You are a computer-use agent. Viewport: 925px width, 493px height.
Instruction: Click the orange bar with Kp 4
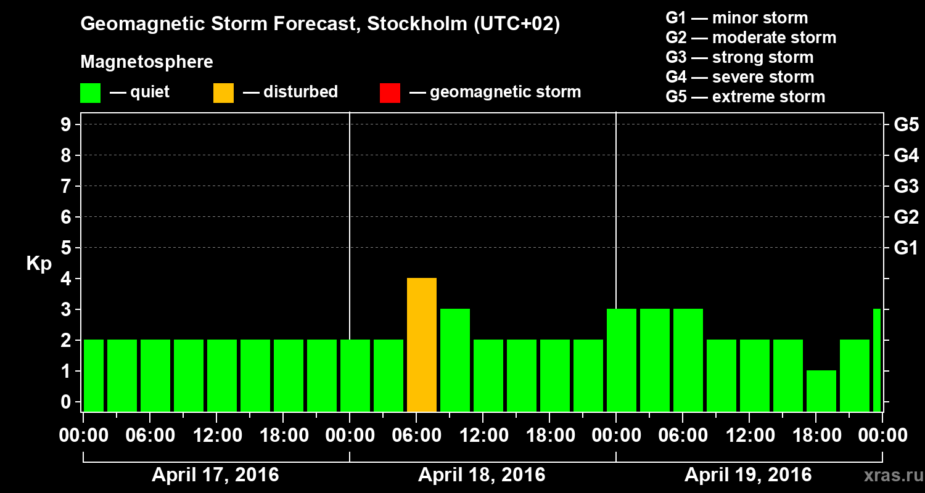pos(422,345)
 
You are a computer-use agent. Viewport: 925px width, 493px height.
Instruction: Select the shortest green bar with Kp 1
pos(821,391)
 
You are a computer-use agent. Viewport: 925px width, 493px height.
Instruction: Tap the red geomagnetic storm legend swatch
pos(390,93)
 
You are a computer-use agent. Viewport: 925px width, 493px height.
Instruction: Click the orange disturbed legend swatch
pos(223,93)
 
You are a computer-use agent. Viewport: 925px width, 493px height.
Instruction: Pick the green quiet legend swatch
pos(91,93)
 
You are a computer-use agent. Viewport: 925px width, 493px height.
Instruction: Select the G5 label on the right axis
pos(906,125)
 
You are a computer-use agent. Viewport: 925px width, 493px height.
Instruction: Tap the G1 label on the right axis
pos(906,248)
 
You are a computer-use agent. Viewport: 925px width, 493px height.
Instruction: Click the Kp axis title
pos(39,264)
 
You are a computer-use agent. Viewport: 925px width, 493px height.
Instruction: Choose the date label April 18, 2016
pos(482,475)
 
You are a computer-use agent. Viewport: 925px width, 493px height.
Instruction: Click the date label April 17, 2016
pos(215,475)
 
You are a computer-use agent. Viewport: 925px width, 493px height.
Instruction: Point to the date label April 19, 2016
pos(748,475)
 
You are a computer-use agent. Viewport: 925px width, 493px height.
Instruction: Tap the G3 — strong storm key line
pos(739,57)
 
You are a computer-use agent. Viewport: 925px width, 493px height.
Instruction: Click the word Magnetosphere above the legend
pos(147,62)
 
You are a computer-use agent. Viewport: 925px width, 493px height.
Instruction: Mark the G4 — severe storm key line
pos(740,77)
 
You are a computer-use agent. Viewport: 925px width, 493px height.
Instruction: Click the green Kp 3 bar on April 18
pos(455,360)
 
